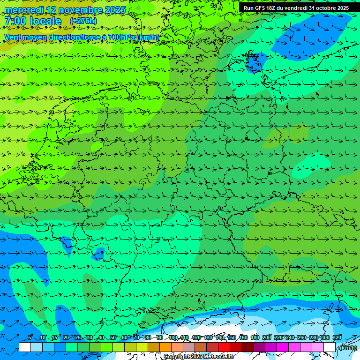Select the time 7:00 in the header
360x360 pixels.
[x=15, y=22]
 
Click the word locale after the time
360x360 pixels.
[x=45, y=22]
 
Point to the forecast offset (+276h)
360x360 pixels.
[x=83, y=21]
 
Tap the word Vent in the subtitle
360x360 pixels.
[x=13, y=37]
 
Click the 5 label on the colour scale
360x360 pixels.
[x=30, y=337]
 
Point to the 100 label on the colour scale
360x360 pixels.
[x=173, y=337]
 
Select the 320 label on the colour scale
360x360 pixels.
[x=337, y=337]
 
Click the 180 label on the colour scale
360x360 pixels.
[x=255, y=337]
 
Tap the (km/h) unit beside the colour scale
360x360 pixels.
[x=348, y=348]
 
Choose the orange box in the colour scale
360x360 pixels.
[x=165, y=347]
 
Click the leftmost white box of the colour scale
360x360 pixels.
[x=25, y=347]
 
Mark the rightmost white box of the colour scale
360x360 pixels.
[x=330, y=347]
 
